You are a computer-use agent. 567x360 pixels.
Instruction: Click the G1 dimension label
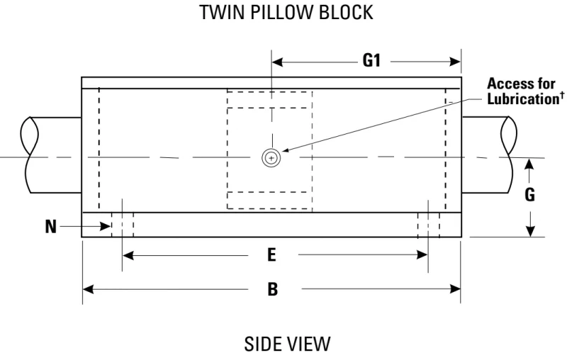371,61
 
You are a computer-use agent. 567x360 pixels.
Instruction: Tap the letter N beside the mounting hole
51,227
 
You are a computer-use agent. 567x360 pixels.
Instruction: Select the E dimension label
271,255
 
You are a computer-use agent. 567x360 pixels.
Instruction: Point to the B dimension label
273,289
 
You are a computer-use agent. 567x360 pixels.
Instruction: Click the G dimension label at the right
529,195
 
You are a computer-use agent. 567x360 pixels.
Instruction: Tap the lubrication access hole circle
271,158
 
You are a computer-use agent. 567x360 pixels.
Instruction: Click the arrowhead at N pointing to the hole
105,227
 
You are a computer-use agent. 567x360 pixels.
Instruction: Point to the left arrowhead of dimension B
89,289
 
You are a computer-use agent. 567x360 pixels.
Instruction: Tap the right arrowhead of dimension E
422,255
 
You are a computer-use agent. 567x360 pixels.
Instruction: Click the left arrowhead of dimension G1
277,62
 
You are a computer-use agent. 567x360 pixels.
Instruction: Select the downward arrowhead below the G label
529,231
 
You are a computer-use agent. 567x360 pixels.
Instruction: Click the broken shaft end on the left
29,154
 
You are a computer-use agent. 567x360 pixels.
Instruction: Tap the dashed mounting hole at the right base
429,225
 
